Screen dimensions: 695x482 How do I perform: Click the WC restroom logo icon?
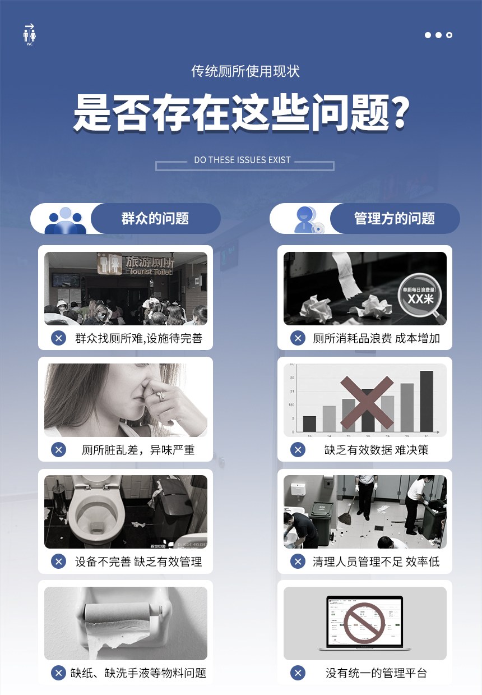[x=30, y=35]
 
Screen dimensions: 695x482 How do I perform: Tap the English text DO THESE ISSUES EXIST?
[x=242, y=160]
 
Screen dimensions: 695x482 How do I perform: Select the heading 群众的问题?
[x=155, y=219]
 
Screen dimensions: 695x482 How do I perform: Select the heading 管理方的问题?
[x=395, y=219]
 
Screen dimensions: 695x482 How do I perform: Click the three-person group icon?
[x=66, y=220]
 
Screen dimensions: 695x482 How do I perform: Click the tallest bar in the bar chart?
[x=427, y=401]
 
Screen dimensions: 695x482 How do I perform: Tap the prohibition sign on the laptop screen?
[x=364, y=623]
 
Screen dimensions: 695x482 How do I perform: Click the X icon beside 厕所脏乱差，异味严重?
[x=58, y=450]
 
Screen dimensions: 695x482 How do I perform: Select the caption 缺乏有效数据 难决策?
[x=376, y=450]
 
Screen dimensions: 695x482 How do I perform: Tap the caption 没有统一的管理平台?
[x=376, y=673]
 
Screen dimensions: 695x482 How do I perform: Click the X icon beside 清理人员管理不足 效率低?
[x=298, y=561]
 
